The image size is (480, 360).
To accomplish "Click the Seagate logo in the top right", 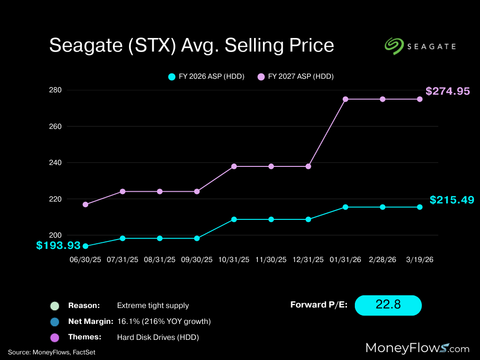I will click(420, 46).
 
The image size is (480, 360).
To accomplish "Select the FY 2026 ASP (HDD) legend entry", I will click(206, 76).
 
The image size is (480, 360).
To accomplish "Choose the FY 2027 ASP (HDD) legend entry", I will click(295, 76).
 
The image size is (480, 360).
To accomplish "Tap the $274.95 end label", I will click(448, 91).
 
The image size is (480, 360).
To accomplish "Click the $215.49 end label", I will click(451, 200).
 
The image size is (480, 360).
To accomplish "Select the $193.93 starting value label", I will click(59, 245).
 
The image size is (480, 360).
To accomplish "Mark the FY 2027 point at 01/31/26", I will click(345, 99).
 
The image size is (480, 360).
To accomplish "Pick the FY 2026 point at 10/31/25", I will click(234, 219).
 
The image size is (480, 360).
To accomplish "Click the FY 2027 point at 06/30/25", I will click(85, 204).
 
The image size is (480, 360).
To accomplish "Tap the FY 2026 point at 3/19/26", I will click(420, 207).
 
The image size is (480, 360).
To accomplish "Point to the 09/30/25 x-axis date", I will click(197, 259).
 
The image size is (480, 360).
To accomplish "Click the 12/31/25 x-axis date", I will click(308, 259).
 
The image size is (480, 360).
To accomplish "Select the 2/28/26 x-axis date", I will click(382, 259).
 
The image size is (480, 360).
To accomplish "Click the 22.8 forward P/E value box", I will click(388, 305).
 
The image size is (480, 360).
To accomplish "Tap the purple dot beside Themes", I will click(55, 337).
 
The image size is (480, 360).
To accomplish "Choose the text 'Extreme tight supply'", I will click(153, 306).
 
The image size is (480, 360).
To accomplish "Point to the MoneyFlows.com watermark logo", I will click(417, 347).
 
